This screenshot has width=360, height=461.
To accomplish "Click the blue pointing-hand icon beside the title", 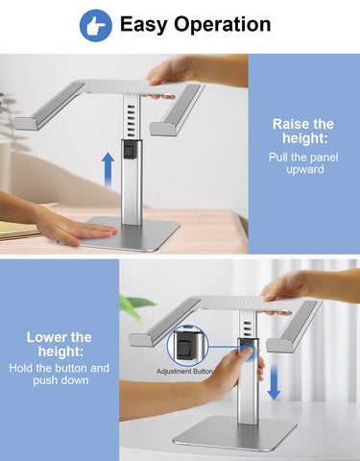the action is click(96, 26).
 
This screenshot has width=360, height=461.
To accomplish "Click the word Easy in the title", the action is click(144, 25).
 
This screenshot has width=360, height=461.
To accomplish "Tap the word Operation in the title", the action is click(223, 25).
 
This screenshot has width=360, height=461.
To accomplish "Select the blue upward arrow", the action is click(108, 170).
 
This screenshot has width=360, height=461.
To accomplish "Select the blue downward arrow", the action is click(274, 382).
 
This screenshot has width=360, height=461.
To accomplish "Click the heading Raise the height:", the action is click(303, 131).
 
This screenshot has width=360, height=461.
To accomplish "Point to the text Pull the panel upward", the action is click(303, 163).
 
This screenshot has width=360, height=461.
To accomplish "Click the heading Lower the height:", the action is click(60, 344).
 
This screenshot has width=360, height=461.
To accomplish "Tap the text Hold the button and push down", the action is click(60, 374).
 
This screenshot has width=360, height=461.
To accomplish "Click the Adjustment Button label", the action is click(184, 372).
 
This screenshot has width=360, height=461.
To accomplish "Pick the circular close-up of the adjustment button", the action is click(188, 346).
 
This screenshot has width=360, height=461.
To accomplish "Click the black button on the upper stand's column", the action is click(130, 150).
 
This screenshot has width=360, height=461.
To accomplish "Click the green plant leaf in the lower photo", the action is click(136, 306).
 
